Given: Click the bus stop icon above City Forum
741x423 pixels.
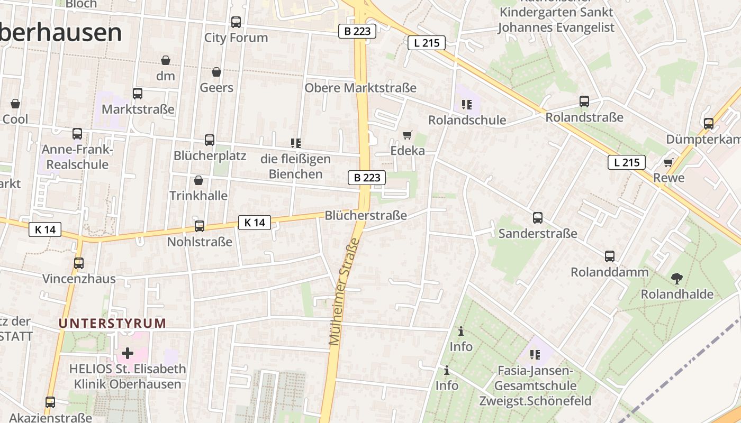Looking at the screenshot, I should [x=236, y=22].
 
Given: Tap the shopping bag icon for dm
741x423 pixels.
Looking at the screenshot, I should [x=166, y=60].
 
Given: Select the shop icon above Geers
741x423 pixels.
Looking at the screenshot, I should [x=216, y=72].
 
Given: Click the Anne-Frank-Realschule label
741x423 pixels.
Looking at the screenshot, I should [x=77, y=157].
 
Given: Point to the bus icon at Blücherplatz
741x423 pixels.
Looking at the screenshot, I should [x=210, y=140].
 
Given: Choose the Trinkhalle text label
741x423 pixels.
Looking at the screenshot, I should [x=198, y=196].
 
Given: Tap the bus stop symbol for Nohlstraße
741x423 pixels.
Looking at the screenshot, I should [x=200, y=226].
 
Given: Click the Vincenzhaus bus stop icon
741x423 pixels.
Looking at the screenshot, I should [x=79, y=263].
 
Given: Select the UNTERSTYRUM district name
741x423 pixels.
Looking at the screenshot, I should [x=112, y=323].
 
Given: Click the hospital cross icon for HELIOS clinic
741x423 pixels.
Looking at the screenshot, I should [x=128, y=353].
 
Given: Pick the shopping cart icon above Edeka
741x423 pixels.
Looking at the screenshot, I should [x=407, y=135].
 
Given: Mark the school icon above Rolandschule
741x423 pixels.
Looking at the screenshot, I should [x=466, y=105].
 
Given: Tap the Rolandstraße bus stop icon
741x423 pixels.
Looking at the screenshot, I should [x=584, y=102].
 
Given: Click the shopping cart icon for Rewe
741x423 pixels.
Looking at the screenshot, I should [x=668, y=162].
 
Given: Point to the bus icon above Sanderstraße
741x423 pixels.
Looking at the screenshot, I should [x=538, y=218].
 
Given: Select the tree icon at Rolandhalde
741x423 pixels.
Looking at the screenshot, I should [x=676, y=278].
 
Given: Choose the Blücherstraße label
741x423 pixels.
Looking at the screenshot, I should [x=366, y=215].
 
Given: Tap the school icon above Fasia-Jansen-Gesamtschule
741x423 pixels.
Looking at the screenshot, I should [x=535, y=355].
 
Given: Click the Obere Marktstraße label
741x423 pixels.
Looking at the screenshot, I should [x=360, y=88].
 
